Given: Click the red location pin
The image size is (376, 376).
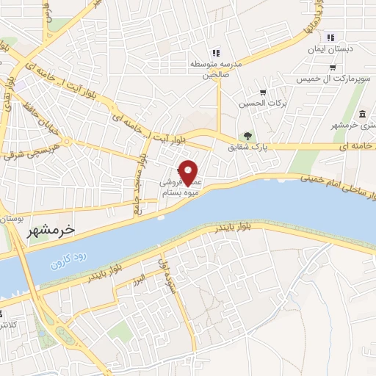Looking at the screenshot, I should coord(189,172).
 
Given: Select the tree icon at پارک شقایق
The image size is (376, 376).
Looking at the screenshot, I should coord(248,136).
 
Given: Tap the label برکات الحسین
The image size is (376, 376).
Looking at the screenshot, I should coord(261,104).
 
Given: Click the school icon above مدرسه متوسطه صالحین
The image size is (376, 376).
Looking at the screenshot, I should coord(215,53).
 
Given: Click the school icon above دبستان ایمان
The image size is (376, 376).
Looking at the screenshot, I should coord(330,37).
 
